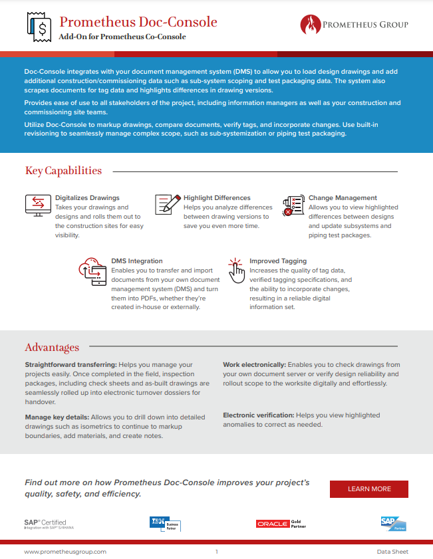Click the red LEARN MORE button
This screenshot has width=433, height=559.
(368, 489)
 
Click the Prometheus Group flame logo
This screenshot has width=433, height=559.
(310, 25)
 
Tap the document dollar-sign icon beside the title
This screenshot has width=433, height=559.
(39, 26)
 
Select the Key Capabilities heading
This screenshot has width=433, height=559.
(63, 171)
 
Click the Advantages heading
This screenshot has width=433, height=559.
(52, 347)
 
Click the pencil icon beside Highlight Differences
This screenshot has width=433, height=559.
(167, 204)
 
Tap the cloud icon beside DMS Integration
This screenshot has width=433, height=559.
(92, 272)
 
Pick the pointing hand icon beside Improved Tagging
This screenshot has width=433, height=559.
(236, 269)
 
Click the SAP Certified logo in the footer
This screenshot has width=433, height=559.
(45, 524)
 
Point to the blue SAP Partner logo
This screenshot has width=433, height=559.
(393, 524)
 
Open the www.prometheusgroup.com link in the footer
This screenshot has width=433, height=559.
(65, 552)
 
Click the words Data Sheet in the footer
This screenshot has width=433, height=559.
(392, 552)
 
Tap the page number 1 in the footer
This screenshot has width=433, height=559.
(217, 552)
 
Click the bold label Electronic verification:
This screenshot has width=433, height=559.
(259, 415)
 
